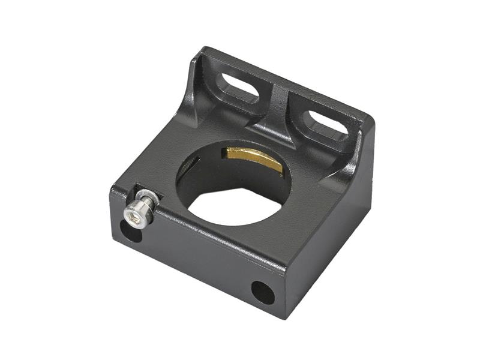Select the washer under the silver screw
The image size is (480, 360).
pyautogui.click(x=146, y=197)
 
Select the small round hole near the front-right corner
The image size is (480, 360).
pyautogui.click(x=262, y=292)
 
